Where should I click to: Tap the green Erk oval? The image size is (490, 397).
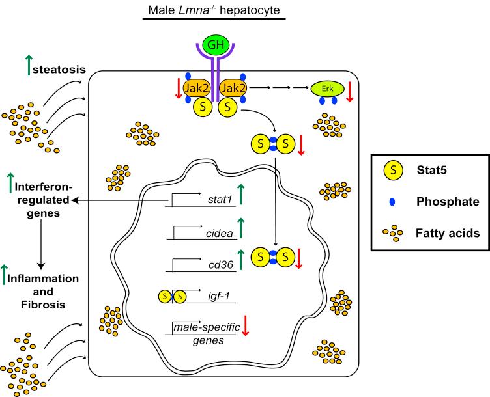coord(328,88)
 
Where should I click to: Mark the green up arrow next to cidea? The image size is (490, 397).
coord(241,228)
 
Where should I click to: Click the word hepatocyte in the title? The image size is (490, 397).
coord(250,9)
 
